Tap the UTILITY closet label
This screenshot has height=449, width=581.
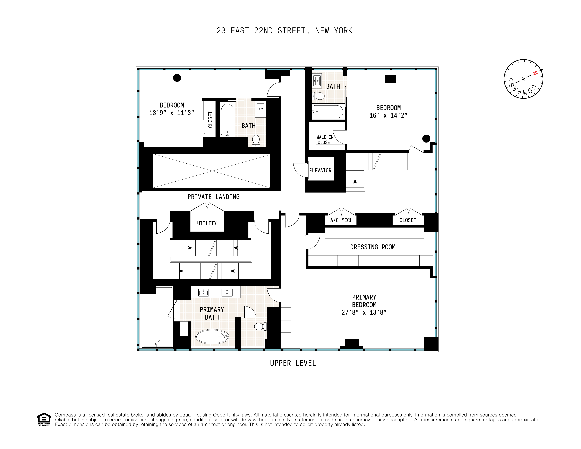pos(207,223)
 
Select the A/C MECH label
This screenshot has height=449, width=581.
pos(341,220)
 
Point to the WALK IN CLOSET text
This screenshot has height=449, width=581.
pos(325,140)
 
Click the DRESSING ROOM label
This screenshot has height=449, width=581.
pos(372,247)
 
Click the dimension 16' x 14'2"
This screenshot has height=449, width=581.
pos(388,115)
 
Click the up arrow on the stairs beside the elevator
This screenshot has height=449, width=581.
pos(355,182)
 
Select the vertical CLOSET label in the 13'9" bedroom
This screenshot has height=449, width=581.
pos(210,119)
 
